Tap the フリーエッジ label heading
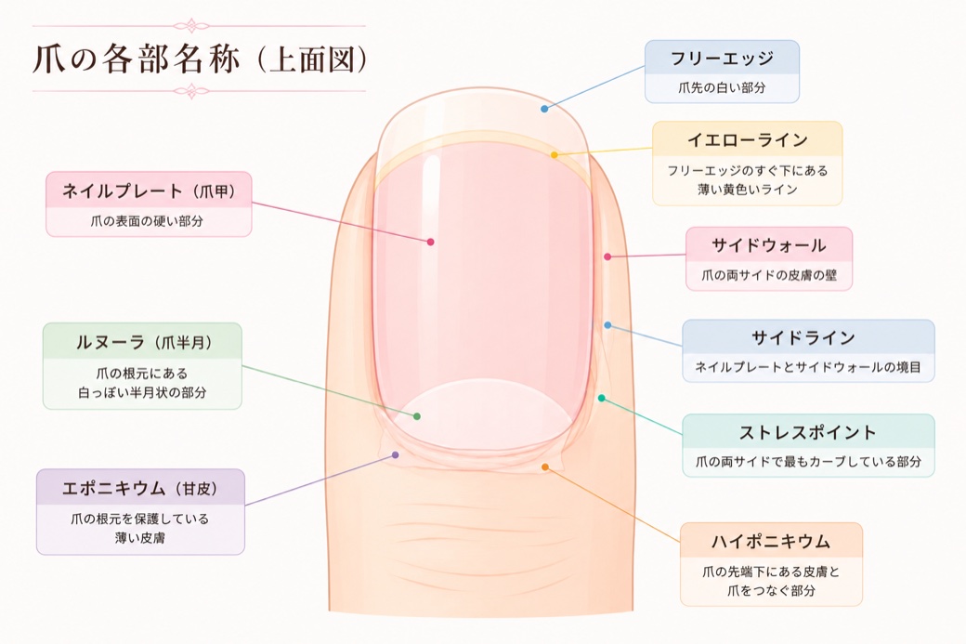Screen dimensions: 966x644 pyautogui.click(x=722, y=59)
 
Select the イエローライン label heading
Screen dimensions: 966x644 pyautogui.click(x=748, y=140)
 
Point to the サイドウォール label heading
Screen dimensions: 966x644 pyautogui.click(x=769, y=245)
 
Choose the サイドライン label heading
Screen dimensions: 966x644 pyautogui.click(x=803, y=337)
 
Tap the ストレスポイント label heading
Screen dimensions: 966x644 pyautogui.click(x=808, y=433)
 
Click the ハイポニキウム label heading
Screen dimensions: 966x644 pyautogui.click(x=771, y=542)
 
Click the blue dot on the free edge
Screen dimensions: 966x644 pyautogui.click(x=544, y=109)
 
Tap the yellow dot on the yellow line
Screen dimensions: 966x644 pyautogui.click(x=555, y=155)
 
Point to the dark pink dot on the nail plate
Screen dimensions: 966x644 pyautogui.click(x=431, y=243)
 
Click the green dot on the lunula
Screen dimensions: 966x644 pyautogui.click(x=417, y=416)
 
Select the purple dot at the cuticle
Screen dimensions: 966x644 pyautogui.click(x=396, y=455)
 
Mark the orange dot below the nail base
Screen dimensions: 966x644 pyautogui.click(x=545, y=467)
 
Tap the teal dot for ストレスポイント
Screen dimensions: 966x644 pyautogui.click(x=602, y=399)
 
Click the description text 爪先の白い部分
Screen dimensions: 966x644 pyautogui.click(x=722, y=87)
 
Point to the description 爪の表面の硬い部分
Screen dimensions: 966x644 pyautogui.click(x=147, y=220)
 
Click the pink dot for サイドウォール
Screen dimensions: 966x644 pyautogui.click(x=607, y=256)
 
